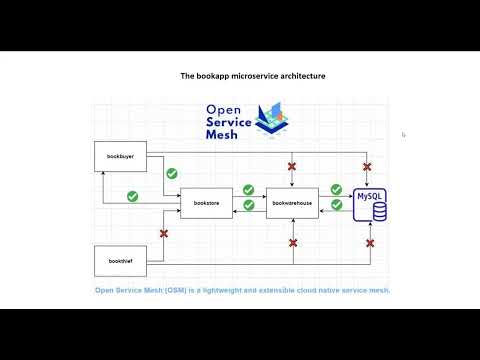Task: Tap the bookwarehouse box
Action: (292, 202)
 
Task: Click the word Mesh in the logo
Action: (221, 134)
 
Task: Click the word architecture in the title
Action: (296, 76)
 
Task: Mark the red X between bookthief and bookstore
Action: (164, 233)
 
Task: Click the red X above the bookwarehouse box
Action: (292, 166)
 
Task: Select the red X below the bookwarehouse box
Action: (293, 242)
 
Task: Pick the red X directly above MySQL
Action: (368, 166)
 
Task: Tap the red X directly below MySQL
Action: (370, 242)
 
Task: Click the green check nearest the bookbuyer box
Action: (132, 196)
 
